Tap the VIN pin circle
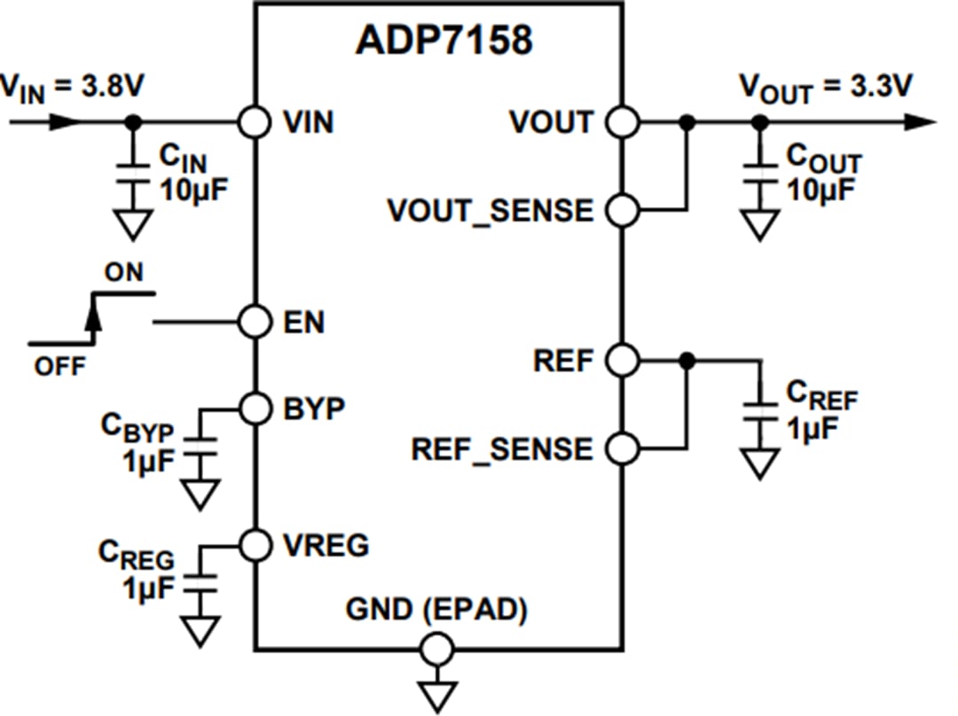pos(255,121)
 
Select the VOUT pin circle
pos(624,121)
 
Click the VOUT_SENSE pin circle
pos(624,210)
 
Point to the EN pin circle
pos(255,322)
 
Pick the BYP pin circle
pos(255,409)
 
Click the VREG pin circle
pos(255,544)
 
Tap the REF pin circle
pos(624,360)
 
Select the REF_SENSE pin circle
pos(624,448)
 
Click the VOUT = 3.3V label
pos(828,87)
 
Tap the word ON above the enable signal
pos(122,273)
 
